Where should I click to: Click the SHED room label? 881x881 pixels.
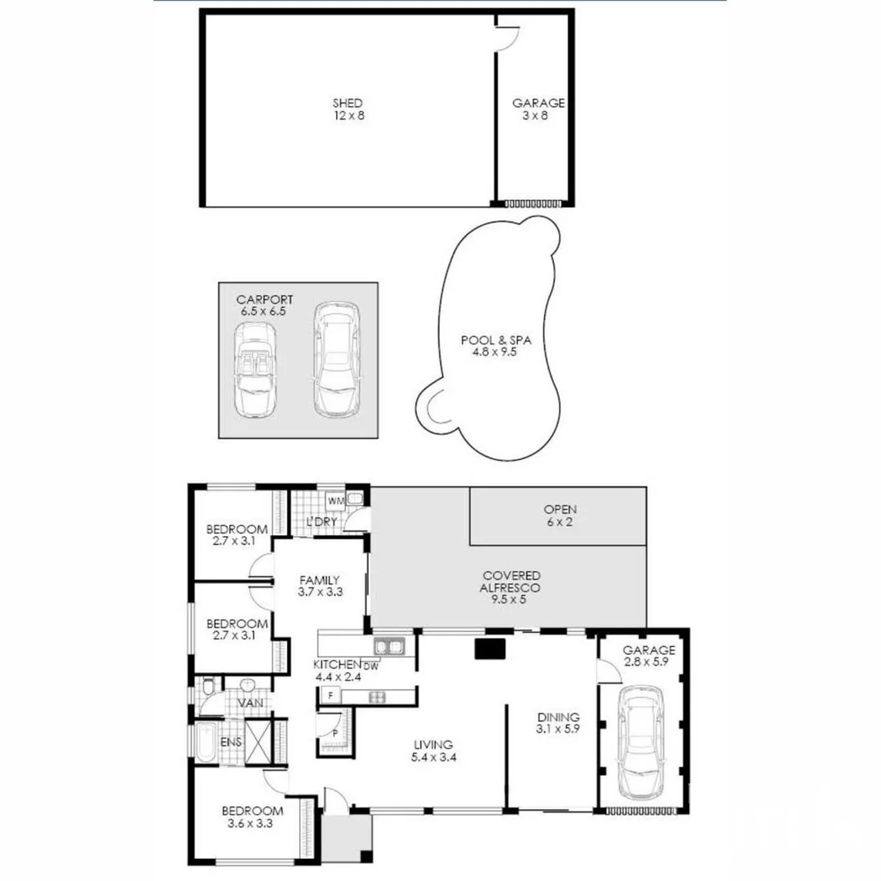pos(348,104)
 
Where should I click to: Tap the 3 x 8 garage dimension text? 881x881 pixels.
pos(535,116)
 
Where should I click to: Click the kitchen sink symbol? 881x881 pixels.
pos(390,648)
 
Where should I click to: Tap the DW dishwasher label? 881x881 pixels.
pos(371,666)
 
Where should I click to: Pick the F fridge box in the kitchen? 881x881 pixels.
pos(330,696)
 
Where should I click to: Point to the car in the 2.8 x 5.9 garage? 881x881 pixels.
pos(644,743)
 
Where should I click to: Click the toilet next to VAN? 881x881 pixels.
pos(208,688)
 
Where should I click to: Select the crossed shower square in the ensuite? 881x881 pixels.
pos(259,742)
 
